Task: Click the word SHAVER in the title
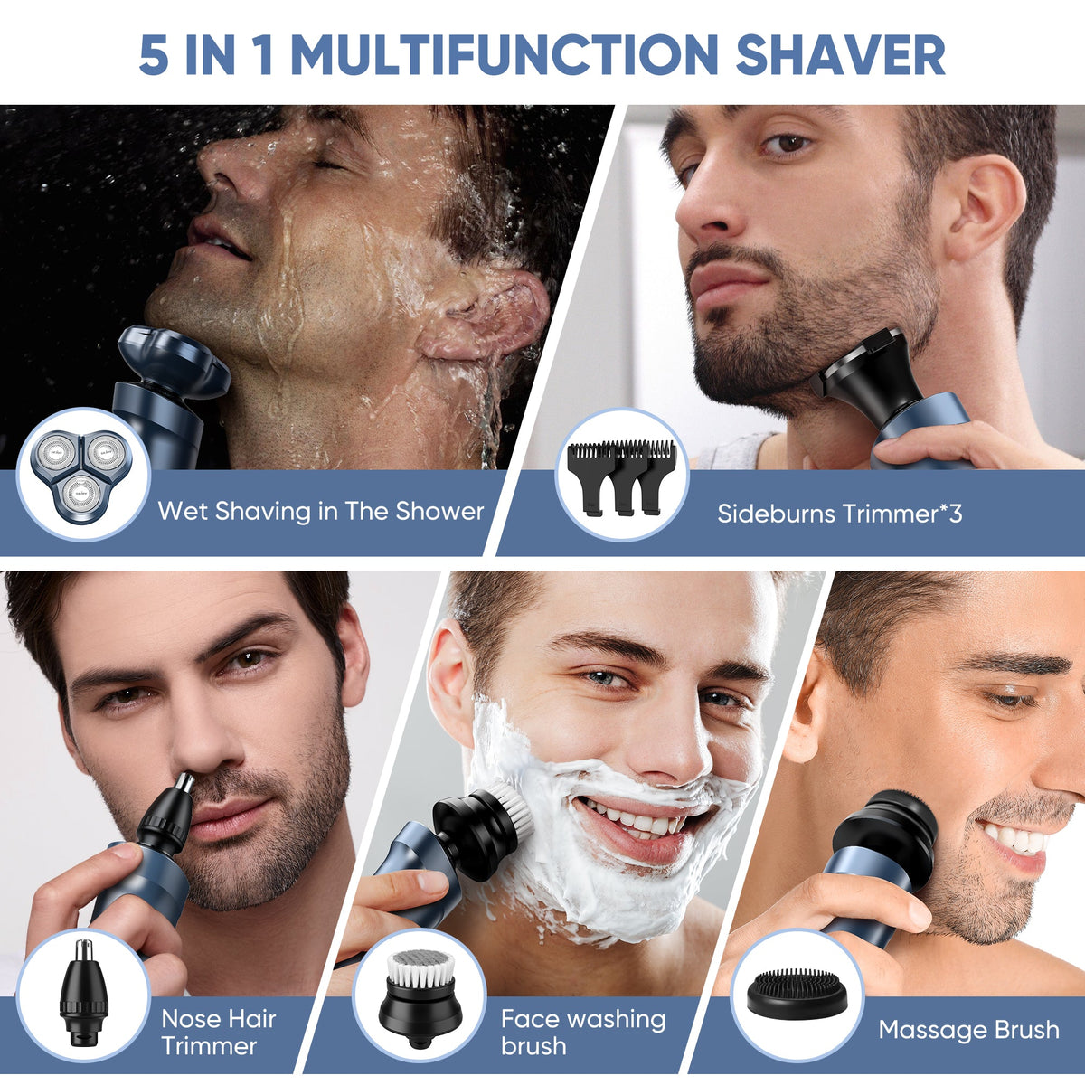coord(840,54)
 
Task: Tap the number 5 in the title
coord(154,54)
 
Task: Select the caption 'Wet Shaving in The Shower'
coord(321,511)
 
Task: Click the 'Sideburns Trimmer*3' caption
coord(839,514)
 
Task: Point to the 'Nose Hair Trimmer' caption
coord(218,1032)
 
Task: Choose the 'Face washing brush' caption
coord(583,1032)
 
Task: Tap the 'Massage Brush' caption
coord(968,1030)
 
